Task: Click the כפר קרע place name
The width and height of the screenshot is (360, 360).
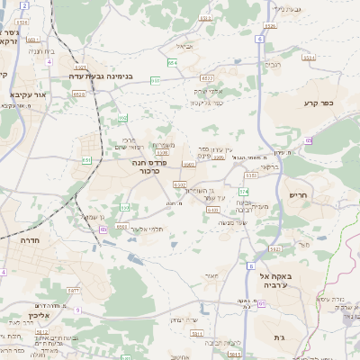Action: [x=319, y=103]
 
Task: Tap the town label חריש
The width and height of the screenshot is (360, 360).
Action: [x=298, y=194]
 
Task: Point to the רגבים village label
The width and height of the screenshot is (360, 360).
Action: [x=273, y=65]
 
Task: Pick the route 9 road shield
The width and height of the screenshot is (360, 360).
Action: [x=78, y=310]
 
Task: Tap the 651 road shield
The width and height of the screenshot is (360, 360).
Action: [x=87, y=159]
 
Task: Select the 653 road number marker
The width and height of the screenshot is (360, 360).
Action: [x=156, y=81]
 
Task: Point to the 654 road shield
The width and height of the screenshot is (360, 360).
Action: [x=171, y=61]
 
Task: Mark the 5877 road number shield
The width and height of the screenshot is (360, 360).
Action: [x=75, y=291]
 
